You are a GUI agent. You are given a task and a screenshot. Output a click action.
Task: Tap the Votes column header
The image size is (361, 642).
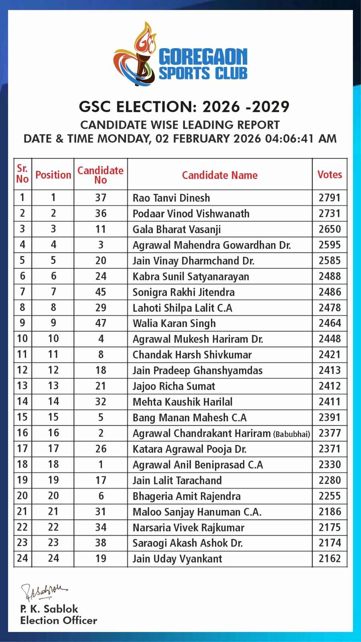pyautogui.click(x=329, y=175)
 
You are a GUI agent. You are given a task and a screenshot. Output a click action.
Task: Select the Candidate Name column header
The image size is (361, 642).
pyautogui.click(x=219, y=175)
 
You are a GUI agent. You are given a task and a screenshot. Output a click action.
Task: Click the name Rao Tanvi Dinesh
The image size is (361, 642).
pyautogui.click(x=171, y=198)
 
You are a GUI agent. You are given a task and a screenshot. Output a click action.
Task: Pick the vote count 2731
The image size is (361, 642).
pyautogui.click(x=329, y=213)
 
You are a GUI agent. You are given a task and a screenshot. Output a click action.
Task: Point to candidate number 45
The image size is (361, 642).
pyautogui.click(x=101, y=292)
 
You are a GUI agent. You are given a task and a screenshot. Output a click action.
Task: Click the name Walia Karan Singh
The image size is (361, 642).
pyautogui.click(x=174, y=323)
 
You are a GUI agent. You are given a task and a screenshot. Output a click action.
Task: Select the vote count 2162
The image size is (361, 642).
pyautogui.click(x=329, y=559)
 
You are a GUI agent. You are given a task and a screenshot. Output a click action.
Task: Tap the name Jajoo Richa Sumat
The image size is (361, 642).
pyautogui.click(x=174, y=386)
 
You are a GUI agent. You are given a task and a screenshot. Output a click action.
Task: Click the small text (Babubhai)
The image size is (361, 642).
pyautogui.click(x=292, y=434)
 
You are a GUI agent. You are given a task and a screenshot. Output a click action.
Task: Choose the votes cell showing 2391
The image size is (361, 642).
pyautogui.click(x=329, y=417)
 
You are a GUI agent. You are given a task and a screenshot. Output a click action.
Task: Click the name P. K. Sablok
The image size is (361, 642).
pyautogui.click(x=49, y=609)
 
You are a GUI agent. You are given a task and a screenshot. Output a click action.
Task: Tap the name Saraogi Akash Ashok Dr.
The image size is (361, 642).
pyautogui.click(x=187, y=543)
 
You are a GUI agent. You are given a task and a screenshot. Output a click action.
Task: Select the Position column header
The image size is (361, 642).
pyautogui.click(x=53, y=175)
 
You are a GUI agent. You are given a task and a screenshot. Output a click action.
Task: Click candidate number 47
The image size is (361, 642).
pyautogui.click(x=101, y=323)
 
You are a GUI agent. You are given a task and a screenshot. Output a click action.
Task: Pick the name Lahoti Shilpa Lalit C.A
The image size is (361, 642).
pyautogui.click(x=182, y=308)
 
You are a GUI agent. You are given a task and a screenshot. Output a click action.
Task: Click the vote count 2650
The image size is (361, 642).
pyautogui.click(x=329, y=229)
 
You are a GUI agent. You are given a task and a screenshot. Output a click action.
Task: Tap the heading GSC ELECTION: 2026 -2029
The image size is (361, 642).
pyautogui.click(x=184, y=107)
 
